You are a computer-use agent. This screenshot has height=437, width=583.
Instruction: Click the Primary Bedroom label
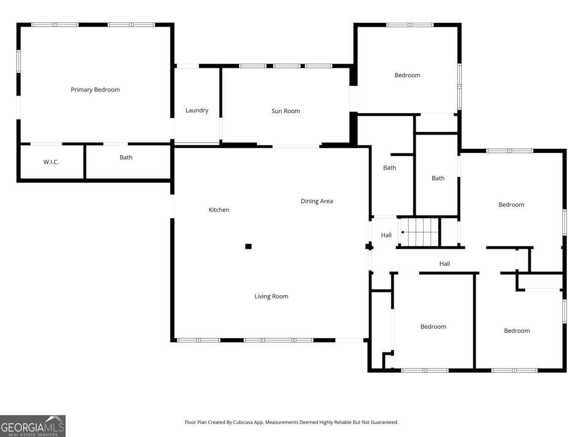(95, 90)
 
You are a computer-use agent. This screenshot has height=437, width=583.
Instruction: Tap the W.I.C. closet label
(51, 162)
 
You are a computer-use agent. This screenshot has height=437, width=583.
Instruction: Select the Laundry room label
(197, 111)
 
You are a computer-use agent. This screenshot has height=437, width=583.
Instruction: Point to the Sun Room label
(286, 111)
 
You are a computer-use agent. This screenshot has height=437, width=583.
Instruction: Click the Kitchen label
(219, 210)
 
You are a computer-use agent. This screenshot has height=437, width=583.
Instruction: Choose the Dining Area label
(317, 201)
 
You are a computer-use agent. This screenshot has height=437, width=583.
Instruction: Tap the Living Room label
(272, 296)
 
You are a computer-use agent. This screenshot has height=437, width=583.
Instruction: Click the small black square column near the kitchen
(248, 247)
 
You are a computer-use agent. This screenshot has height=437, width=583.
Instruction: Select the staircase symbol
(420, 233)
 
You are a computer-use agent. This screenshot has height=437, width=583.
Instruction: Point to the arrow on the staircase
(403, 233)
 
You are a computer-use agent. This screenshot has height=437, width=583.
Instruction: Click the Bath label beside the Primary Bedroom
(126, 157)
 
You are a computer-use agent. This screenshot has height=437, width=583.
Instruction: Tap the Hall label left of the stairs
(386, 235)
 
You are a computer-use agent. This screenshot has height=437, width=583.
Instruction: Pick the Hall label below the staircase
(445, 264)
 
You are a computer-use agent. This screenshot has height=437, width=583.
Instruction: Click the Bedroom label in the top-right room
(407, 75)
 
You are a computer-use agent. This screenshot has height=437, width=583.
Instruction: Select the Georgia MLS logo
(33, 426)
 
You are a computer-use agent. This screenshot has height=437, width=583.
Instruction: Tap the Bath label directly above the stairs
(438, 178)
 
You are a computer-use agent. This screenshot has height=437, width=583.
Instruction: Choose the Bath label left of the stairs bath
(390, 168)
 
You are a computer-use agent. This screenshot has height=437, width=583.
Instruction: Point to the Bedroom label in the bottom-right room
(517, 331)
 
